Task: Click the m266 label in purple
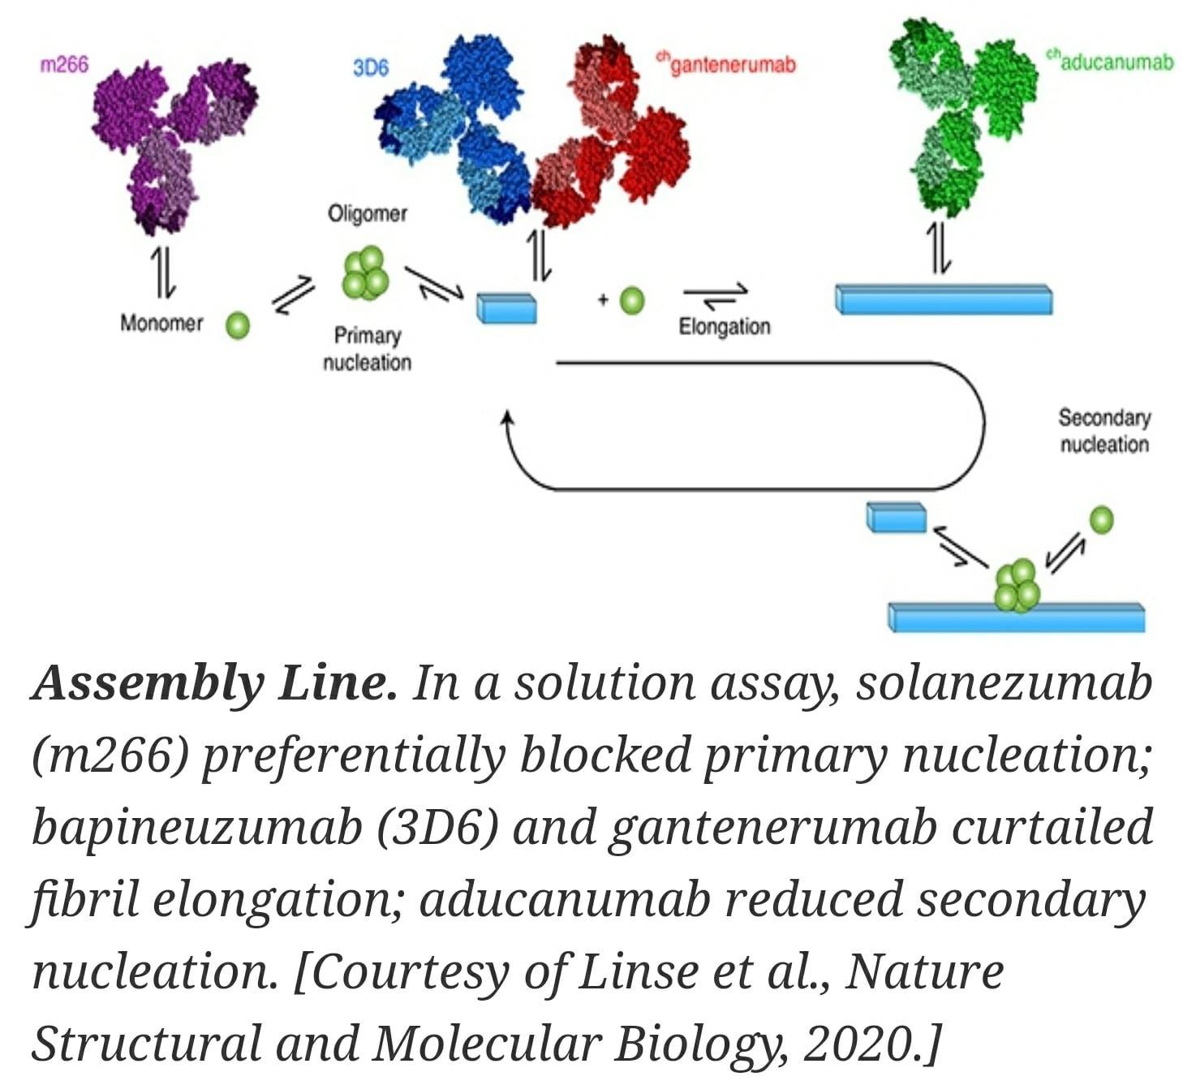[x=64, y=64]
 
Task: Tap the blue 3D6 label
[x=371, y=68]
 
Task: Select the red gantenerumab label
[x=726, y=64]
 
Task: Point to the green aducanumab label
[x=1110, y=62]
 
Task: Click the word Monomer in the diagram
[x=161, y=323]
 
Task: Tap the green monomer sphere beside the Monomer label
[x=238, y=325]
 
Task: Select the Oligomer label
[x=368, y=213]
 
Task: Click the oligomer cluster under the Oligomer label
[x=365, y=273]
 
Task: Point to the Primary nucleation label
[x=368, y=349]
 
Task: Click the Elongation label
[x=725, y=327]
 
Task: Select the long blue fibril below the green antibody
[x=944, y=299]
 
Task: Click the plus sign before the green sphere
[x=604, y=299]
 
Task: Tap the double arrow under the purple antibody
[x=163, y=273]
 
